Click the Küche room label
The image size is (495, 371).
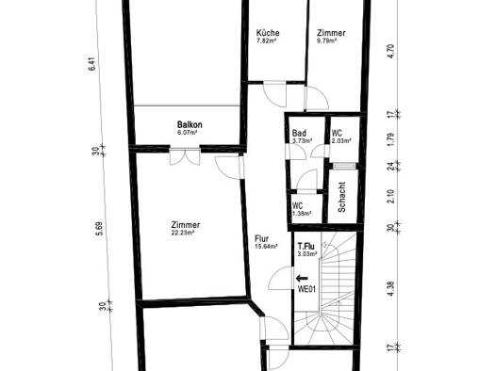pyautogui.click(x=268, y=33)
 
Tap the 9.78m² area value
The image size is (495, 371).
pyautogui.click(x=327, y=40)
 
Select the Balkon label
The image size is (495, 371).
pyautogui.click(x=190, y=124)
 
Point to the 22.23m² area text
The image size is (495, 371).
pyautogui.click(x=183, y=233)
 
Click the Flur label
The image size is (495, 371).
pyautogui.click(x=262, y=239)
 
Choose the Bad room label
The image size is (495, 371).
pyautogui.click(x=299, y=133)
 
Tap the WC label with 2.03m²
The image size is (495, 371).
pyautogui.click(x=337, y=133)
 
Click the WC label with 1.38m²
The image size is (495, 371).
pyautogui.click(x=297, y=206)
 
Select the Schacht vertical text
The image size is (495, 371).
pyautogui.click(x=341, y=197)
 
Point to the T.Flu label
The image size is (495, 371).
pyautogui.click(x=306, y=246)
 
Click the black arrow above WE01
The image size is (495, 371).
pyautogui.click(x=302, y=278)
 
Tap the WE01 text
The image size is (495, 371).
pyautogui.click(x=306, y=289)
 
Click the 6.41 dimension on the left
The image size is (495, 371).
pyautogui.click(x=91, y=66)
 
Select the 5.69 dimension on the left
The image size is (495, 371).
pyautogui.click(x=99, y=229)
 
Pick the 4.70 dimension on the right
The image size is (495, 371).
pyautogui.click(x=391, y=52)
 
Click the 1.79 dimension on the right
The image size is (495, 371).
pyautogui.click(x=391, y=139)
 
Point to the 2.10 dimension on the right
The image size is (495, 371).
pyautogui.click(x=391, y=196)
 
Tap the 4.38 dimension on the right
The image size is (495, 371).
pyautogui.click(x=391, y=288)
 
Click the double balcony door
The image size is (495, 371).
pyautogui.click(x=185, y=156)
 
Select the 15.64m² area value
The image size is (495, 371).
pyautogui.click(x=266, y=247)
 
